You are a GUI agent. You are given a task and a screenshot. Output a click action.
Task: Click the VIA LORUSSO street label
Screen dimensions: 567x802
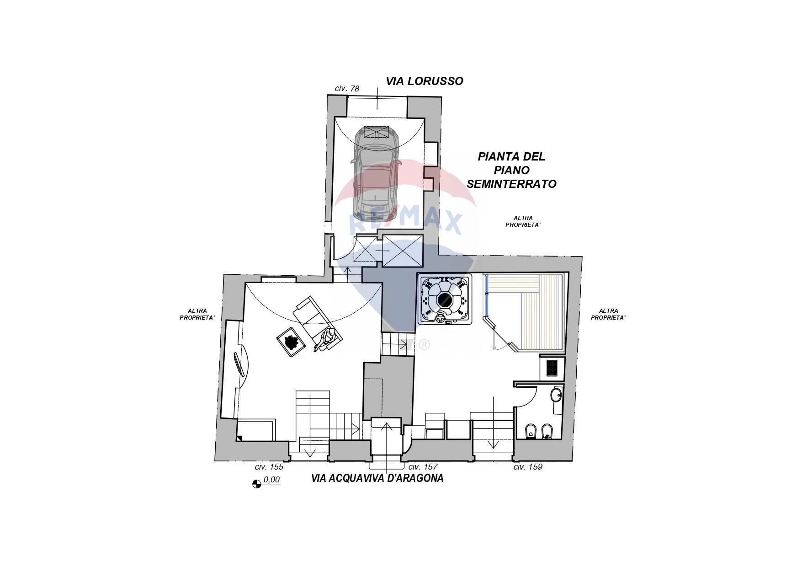(425, 81)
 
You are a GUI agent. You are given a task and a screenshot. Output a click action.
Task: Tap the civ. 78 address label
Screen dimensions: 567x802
(347, 89)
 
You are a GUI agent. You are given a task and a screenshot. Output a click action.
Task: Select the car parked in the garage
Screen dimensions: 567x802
(376, 174)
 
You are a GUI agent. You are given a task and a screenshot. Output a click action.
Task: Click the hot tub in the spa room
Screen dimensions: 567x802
(444, 300)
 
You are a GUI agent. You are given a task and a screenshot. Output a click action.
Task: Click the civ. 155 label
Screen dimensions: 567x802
(269, 467)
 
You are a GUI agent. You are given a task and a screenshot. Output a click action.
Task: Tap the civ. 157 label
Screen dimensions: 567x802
(423, 467)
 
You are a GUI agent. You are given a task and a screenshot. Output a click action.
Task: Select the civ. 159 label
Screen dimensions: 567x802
(528, 467)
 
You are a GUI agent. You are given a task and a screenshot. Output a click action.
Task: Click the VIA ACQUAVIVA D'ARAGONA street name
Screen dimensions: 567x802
(377, 479)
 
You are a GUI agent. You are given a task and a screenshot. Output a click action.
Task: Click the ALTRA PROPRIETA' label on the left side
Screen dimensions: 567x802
(197, 314)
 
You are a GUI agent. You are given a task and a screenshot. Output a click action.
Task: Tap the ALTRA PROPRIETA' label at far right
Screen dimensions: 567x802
(608, 314)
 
